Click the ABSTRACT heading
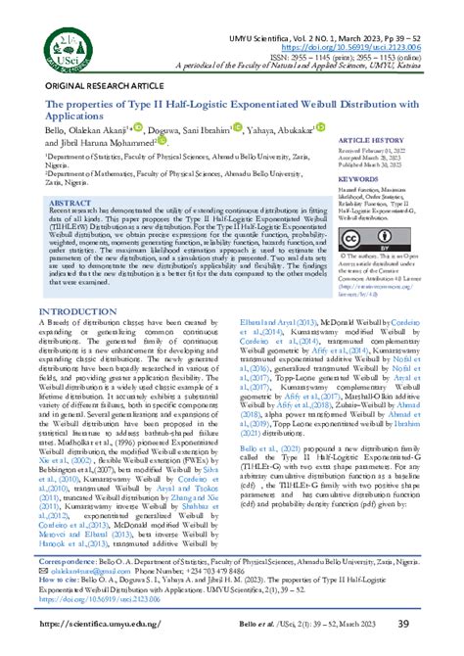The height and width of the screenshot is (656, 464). click(70, 201)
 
